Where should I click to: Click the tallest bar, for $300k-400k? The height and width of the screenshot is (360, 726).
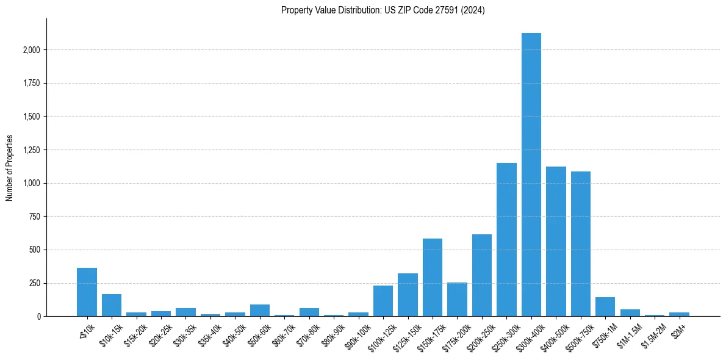531,175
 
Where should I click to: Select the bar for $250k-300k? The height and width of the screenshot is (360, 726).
506,239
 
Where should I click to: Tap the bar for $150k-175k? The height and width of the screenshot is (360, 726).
433,278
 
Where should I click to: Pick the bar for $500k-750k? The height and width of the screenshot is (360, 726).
580,244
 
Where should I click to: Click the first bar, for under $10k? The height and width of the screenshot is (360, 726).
87,292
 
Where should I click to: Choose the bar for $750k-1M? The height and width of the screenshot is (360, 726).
605,307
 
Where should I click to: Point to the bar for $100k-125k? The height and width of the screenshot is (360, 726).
383,301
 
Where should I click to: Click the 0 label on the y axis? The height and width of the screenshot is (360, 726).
39,317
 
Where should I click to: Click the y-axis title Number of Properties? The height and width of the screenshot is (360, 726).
10,167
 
